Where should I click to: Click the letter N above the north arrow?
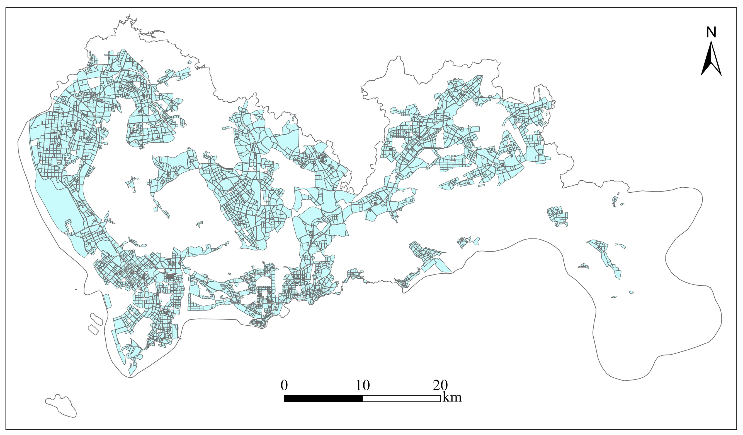711,32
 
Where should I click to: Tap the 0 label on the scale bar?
284,385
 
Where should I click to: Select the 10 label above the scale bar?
362,385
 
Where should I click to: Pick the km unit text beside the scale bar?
452,397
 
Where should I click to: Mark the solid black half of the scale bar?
323,398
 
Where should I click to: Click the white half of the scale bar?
401,398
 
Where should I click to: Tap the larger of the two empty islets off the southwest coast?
96,319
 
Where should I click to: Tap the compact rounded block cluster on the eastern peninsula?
558,216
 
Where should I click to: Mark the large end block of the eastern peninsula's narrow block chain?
618,275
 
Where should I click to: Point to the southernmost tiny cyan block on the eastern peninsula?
614,297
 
